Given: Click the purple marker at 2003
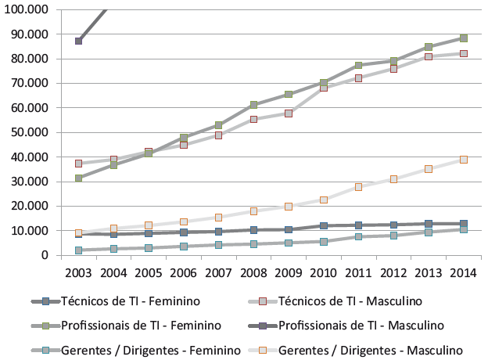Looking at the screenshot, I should pyautogui.click(x=79, y=41).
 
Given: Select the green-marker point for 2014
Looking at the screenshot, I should pyautogui.click(x=463, y=38).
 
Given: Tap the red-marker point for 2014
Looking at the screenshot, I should pyautogui.click(x=463, y=53).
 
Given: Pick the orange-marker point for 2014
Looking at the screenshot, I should pyautogui.click(x=463, y=159).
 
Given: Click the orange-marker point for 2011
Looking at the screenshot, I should pyautogui.click(x=358, y=187).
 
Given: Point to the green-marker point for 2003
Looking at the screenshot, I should pyautogui.click(x=79, y=178).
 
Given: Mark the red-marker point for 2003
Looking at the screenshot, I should pyautogui.click(x=79, y=164).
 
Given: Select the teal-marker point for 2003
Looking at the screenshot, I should pyautogui.click(x=79, y=250).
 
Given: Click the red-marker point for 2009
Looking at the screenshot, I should pyautogui.click(x=289, y=113).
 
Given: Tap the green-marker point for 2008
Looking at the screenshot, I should pyautogui.click(x=253, y=105).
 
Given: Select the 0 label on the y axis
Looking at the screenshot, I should pyautogui.click(x=45, y=255).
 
